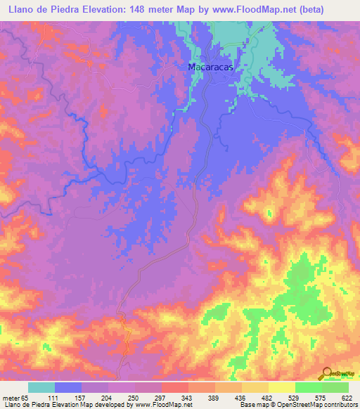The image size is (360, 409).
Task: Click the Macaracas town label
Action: (x=210, y=67)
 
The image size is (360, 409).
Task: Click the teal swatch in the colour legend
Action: (x=41, y=387)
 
